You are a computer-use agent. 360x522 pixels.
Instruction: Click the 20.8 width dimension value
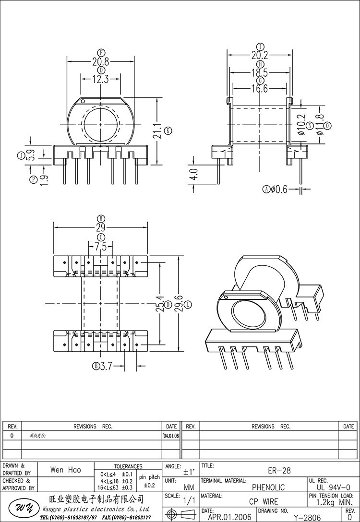(x=100, y=61)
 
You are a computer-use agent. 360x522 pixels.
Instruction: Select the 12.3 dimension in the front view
(x=100, y=80)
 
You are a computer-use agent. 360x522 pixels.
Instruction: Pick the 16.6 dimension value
(x=259, y=89)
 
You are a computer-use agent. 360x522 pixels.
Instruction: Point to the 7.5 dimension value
(x=101, y=247)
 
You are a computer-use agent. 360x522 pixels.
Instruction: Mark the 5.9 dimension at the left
(x=30, y=155)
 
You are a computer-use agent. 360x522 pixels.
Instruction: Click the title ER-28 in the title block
(x=279, y=471)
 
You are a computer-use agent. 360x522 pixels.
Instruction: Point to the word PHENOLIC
(x=268, y=487)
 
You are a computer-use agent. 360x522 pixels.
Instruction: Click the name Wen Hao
(x=66, y=471)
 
